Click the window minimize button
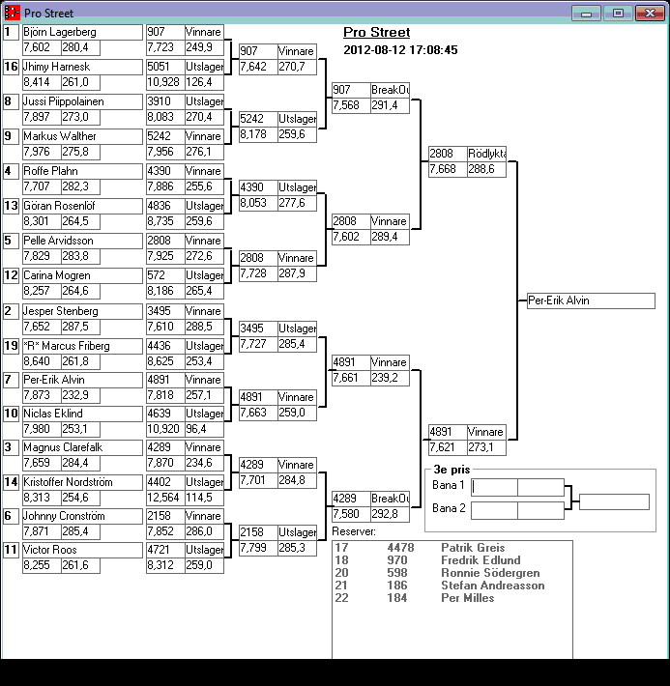[x=584, y=14]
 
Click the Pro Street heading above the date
[x=376, y=33]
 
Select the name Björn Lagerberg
[x=59, y=32]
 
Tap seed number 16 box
[x=12, y=67]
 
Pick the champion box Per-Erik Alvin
[x=591, y=300]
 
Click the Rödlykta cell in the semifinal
[x=486, y=153]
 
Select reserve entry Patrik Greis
[x=473, y=548]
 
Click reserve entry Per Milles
[x=467, y=598]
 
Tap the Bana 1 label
[x=449, y=485]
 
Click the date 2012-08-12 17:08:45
[x=400, y=50]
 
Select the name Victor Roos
[x=51, y=550]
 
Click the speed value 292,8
[x=388, y=514]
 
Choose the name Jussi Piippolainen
[x=64, y=101]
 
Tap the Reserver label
[x=353, y=531]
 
